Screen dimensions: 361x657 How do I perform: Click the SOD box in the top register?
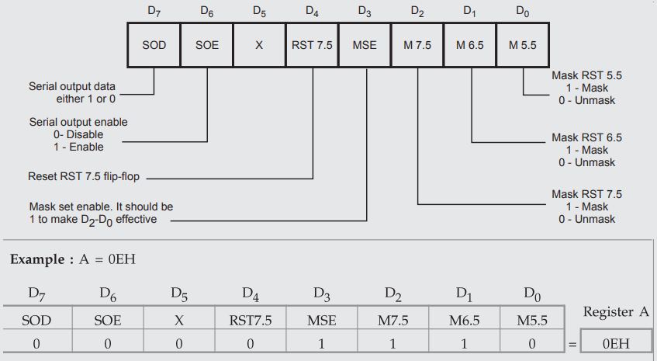pos(154,45)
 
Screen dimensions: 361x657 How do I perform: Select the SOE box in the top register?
pos(206,45)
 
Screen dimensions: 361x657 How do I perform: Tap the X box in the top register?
pos(259,45)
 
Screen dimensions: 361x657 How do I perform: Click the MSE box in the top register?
pos(365,45)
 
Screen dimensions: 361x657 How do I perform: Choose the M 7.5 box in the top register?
pos(417,45)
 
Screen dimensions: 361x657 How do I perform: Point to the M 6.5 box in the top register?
pos(470,45)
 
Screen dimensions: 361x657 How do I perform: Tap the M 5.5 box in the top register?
pos(523,45)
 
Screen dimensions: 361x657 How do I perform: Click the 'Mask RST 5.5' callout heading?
pos(586,75)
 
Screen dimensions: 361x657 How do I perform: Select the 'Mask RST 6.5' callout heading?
pos(586,137)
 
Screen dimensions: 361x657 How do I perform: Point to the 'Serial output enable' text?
pos(78,122)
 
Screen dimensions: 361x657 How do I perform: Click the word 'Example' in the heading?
pos(36,259)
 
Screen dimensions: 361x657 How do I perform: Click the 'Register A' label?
pos(615,311)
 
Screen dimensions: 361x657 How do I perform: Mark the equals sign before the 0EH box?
pos(573,343)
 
